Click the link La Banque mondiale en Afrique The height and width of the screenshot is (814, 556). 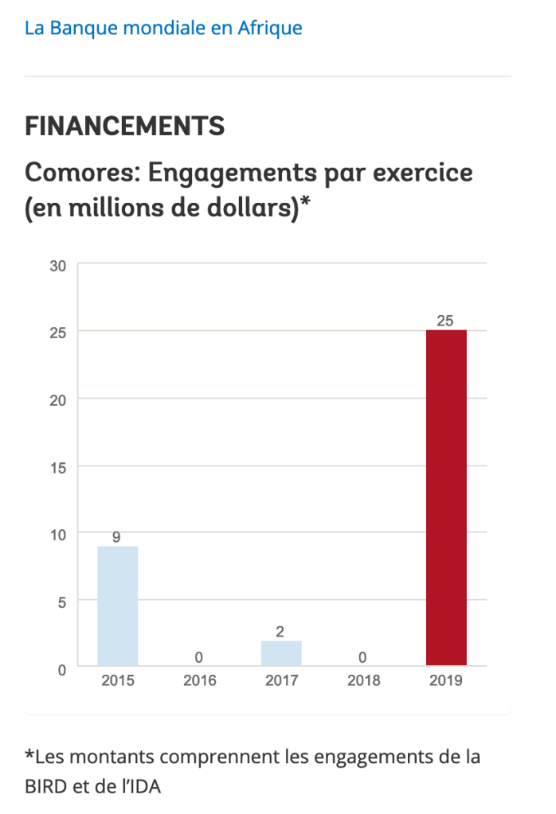pyautogui.click(x=163, y=29)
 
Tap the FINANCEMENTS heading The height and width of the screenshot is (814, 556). pyautogui.click(x=124, y=126)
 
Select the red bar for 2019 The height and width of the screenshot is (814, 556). pyautogui.click(x=446, y=497)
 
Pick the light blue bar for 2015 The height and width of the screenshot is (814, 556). pyautogui.click(x=118, y=606)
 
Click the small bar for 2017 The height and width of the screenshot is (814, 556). pyautogui.click(x=281, y=652)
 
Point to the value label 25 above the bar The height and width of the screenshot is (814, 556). pyautogui.click(x=445, y=321)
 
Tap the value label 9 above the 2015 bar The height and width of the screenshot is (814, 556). pyautogui.click(x=116, y=537)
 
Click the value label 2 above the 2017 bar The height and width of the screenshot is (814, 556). pyautogui.click(x=280, y=632)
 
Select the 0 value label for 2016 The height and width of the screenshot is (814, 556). pyautogui.click(x=199, y=657)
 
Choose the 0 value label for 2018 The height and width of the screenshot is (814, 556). pyautogui.click(x=363, y=657)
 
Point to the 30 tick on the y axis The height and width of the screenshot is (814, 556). pyautogui.click(x=58, y=265)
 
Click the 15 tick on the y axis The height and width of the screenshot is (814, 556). pyautogui.click(x=58, y=466)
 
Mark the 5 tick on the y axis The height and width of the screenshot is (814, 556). pyautogui.click(x=62, y=602)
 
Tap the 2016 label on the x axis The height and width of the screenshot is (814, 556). pyautogui.click(x=199, y=681)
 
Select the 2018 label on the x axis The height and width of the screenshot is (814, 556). pyautogui.click(x=363, y=681)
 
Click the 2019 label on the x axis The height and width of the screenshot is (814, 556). pyautogui.click(x=445, y=681)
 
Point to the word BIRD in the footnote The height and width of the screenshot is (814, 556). pyautogui.click(x=45, y=787)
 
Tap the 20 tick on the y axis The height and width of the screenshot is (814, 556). pyautogui.click(x=58, y=399)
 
